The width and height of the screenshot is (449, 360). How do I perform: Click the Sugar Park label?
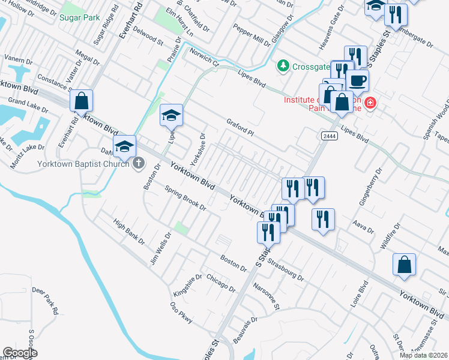point(79,17)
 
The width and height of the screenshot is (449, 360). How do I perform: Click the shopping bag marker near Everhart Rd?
point(81,102)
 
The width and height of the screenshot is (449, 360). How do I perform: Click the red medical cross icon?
point(370,103)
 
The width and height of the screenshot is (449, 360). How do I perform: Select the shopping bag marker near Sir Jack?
point(405,264)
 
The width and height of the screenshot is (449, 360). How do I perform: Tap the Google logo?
point(19,353)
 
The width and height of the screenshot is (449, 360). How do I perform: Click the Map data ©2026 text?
point(424,355)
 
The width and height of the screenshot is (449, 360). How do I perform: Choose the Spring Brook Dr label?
point(186,199)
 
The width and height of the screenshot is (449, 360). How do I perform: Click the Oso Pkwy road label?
point(182,312)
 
